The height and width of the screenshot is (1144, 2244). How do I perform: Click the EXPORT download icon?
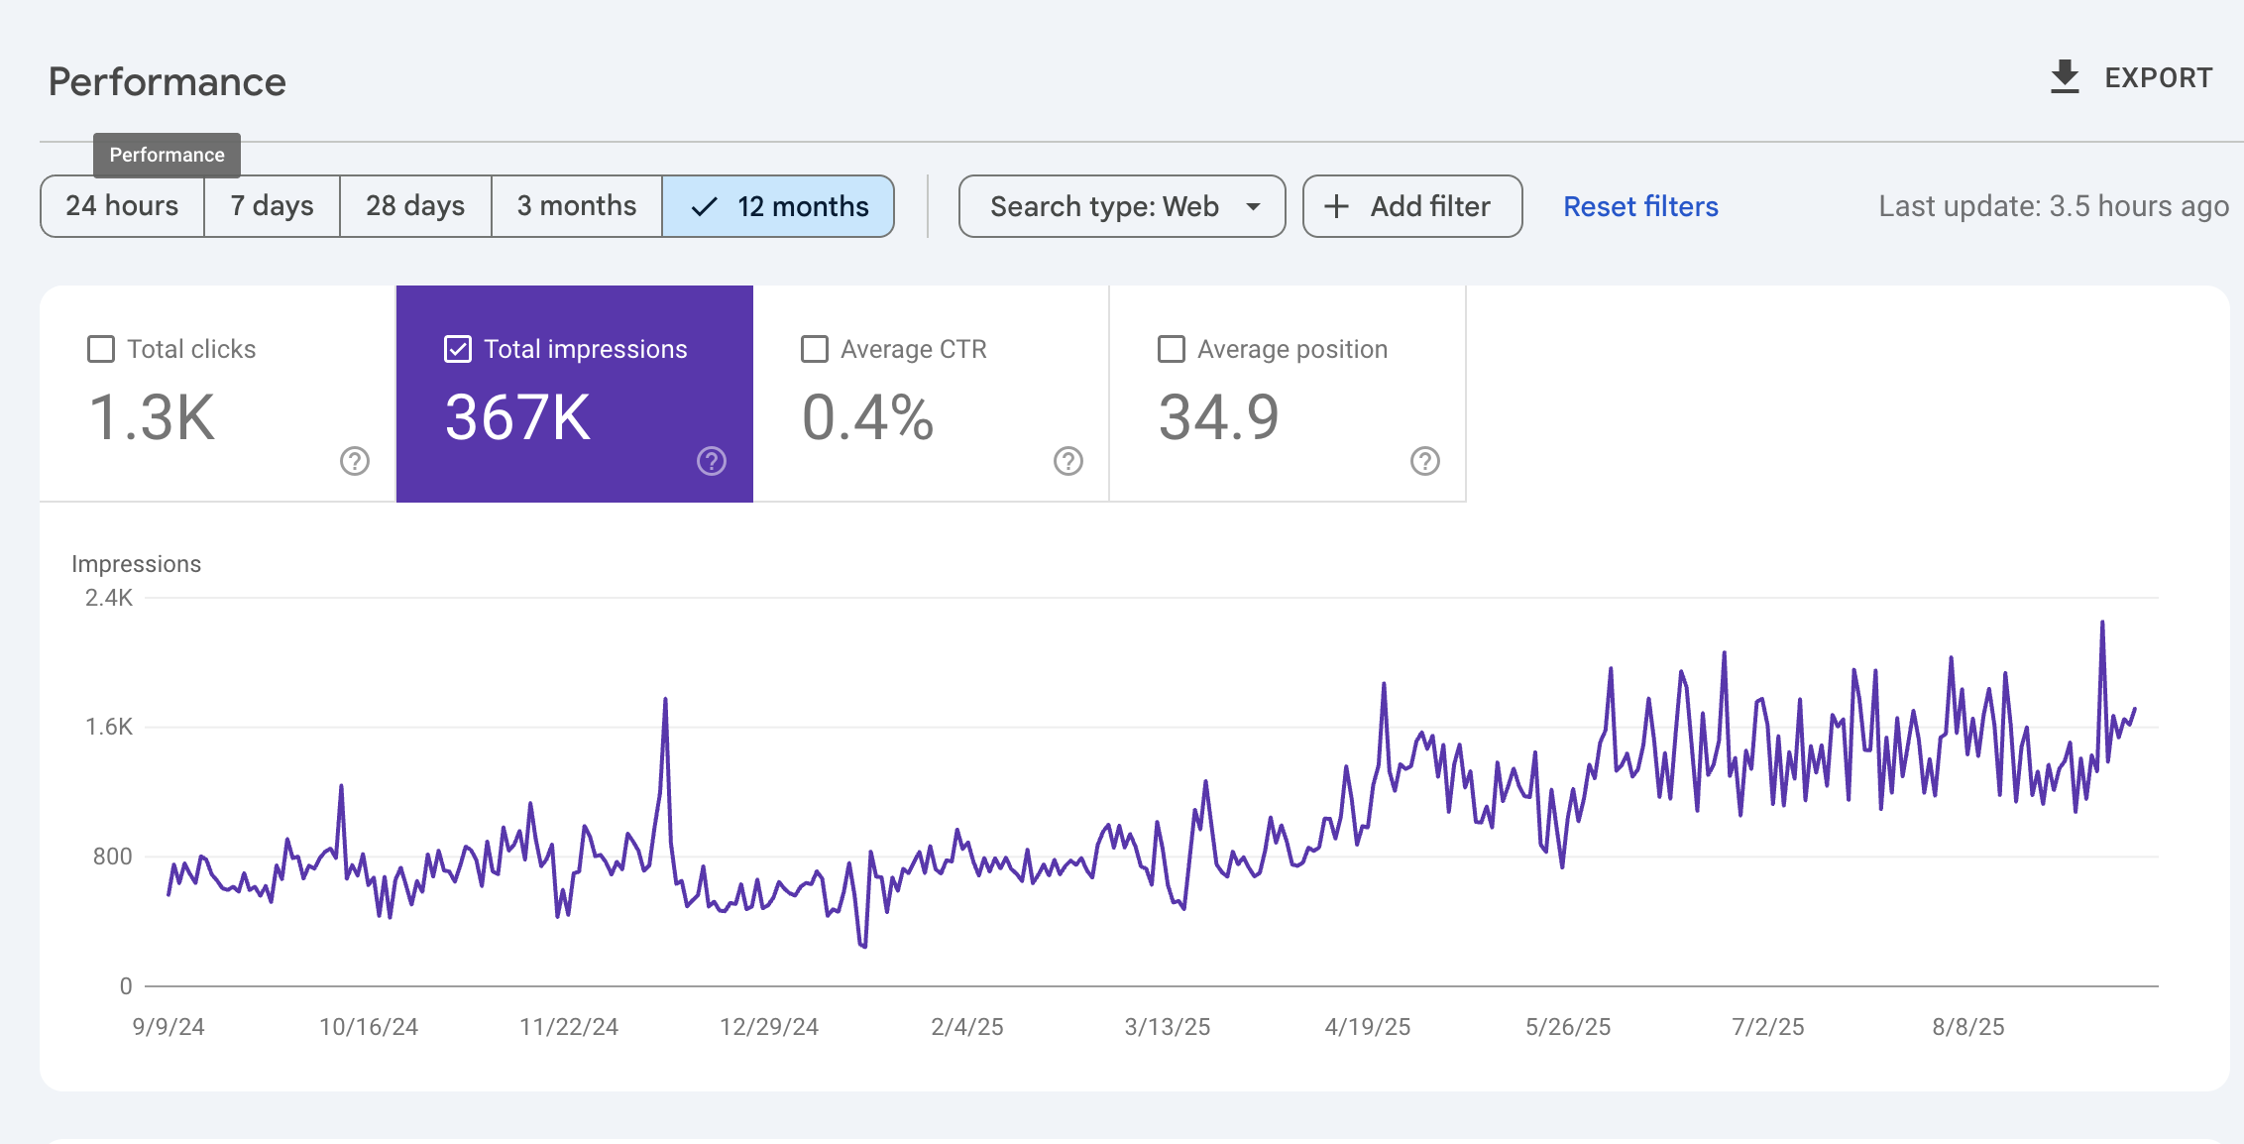tap(2065, 77)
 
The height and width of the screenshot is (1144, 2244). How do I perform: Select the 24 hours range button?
tap(122, 206)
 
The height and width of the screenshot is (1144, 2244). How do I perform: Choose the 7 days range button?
tap(272, 206)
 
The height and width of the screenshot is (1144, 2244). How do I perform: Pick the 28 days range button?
tap(415, 206)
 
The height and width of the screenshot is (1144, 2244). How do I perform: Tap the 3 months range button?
tap(577, 206)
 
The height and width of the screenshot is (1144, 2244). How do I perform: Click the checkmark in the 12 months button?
tap(704, 206)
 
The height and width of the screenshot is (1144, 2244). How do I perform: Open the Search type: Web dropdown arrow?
tap(1254, 206)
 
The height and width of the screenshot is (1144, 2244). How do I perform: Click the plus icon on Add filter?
tap(1337, 206)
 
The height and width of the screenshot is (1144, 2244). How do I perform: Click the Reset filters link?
tap(1640, 206)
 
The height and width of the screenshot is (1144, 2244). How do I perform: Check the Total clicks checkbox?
tap(101, 349)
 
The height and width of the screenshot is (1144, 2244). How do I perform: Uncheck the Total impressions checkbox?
tap(458, 349)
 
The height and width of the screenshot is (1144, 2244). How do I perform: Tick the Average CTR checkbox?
tap(815, 349)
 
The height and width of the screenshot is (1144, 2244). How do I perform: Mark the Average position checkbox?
tap(1172, 349)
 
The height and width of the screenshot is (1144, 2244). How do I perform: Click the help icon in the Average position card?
tap(1424, 461)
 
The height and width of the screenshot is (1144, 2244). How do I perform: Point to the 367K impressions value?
tap(517, 417)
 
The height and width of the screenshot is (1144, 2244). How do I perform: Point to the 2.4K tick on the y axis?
tap(109, 598)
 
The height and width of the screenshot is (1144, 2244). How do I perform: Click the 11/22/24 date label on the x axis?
tap(569, 1027)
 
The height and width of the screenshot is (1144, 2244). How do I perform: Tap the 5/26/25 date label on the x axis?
tap(1568, 1027)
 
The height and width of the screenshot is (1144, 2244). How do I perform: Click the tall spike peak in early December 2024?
tap(665, 700)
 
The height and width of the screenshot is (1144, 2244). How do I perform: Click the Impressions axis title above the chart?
tap(137, 564)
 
